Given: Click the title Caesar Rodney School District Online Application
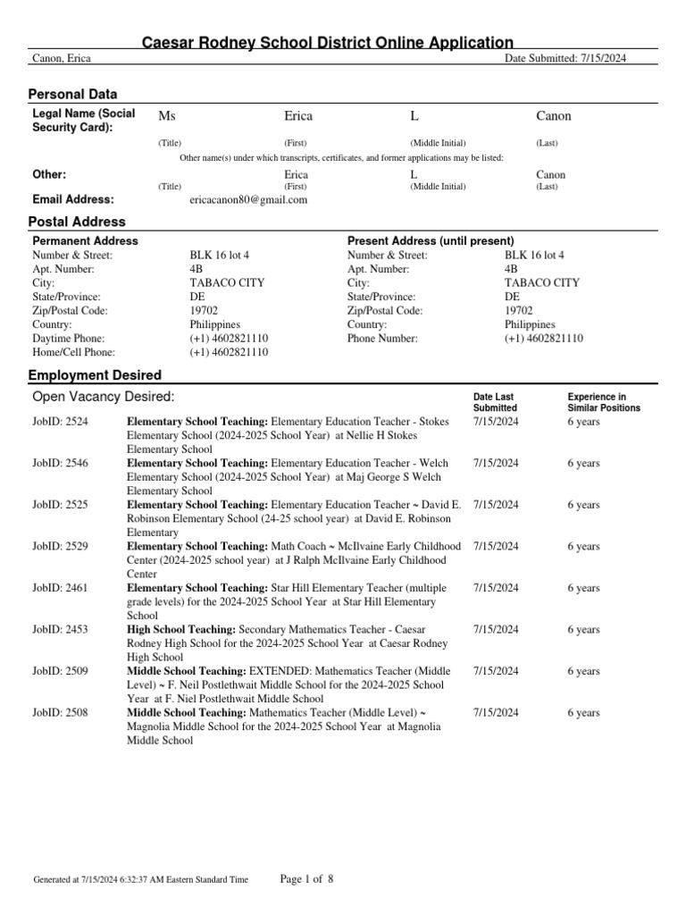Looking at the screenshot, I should [x=328, y=42].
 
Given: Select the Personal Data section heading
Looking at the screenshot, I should [x=73, y=95].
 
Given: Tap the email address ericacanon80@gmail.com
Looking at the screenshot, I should [x=248, y=200].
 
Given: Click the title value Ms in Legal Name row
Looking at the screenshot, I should [x=166, y=116].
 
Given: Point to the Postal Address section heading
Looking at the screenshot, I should [x=78, y=222].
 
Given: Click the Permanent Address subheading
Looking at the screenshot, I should [x=85, y=241].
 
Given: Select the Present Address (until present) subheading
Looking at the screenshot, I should [x=431, y=241].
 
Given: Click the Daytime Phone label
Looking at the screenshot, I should [x=69, y=339].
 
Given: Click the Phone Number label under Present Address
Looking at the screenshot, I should [x=382, y=339].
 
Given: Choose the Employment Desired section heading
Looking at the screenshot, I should [x=96, y=375].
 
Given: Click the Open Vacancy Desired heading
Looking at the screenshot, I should [x=104, y=397].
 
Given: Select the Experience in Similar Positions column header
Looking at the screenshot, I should [x=604, y=402].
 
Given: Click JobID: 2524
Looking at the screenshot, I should [x=60, y=422].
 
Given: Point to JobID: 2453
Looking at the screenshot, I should [x=60, y=630].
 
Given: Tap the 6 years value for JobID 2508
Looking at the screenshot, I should [x=583, y=713].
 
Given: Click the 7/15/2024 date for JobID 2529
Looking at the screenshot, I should [x=496, y=547].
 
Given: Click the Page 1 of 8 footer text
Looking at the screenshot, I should [x=306, y=879].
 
